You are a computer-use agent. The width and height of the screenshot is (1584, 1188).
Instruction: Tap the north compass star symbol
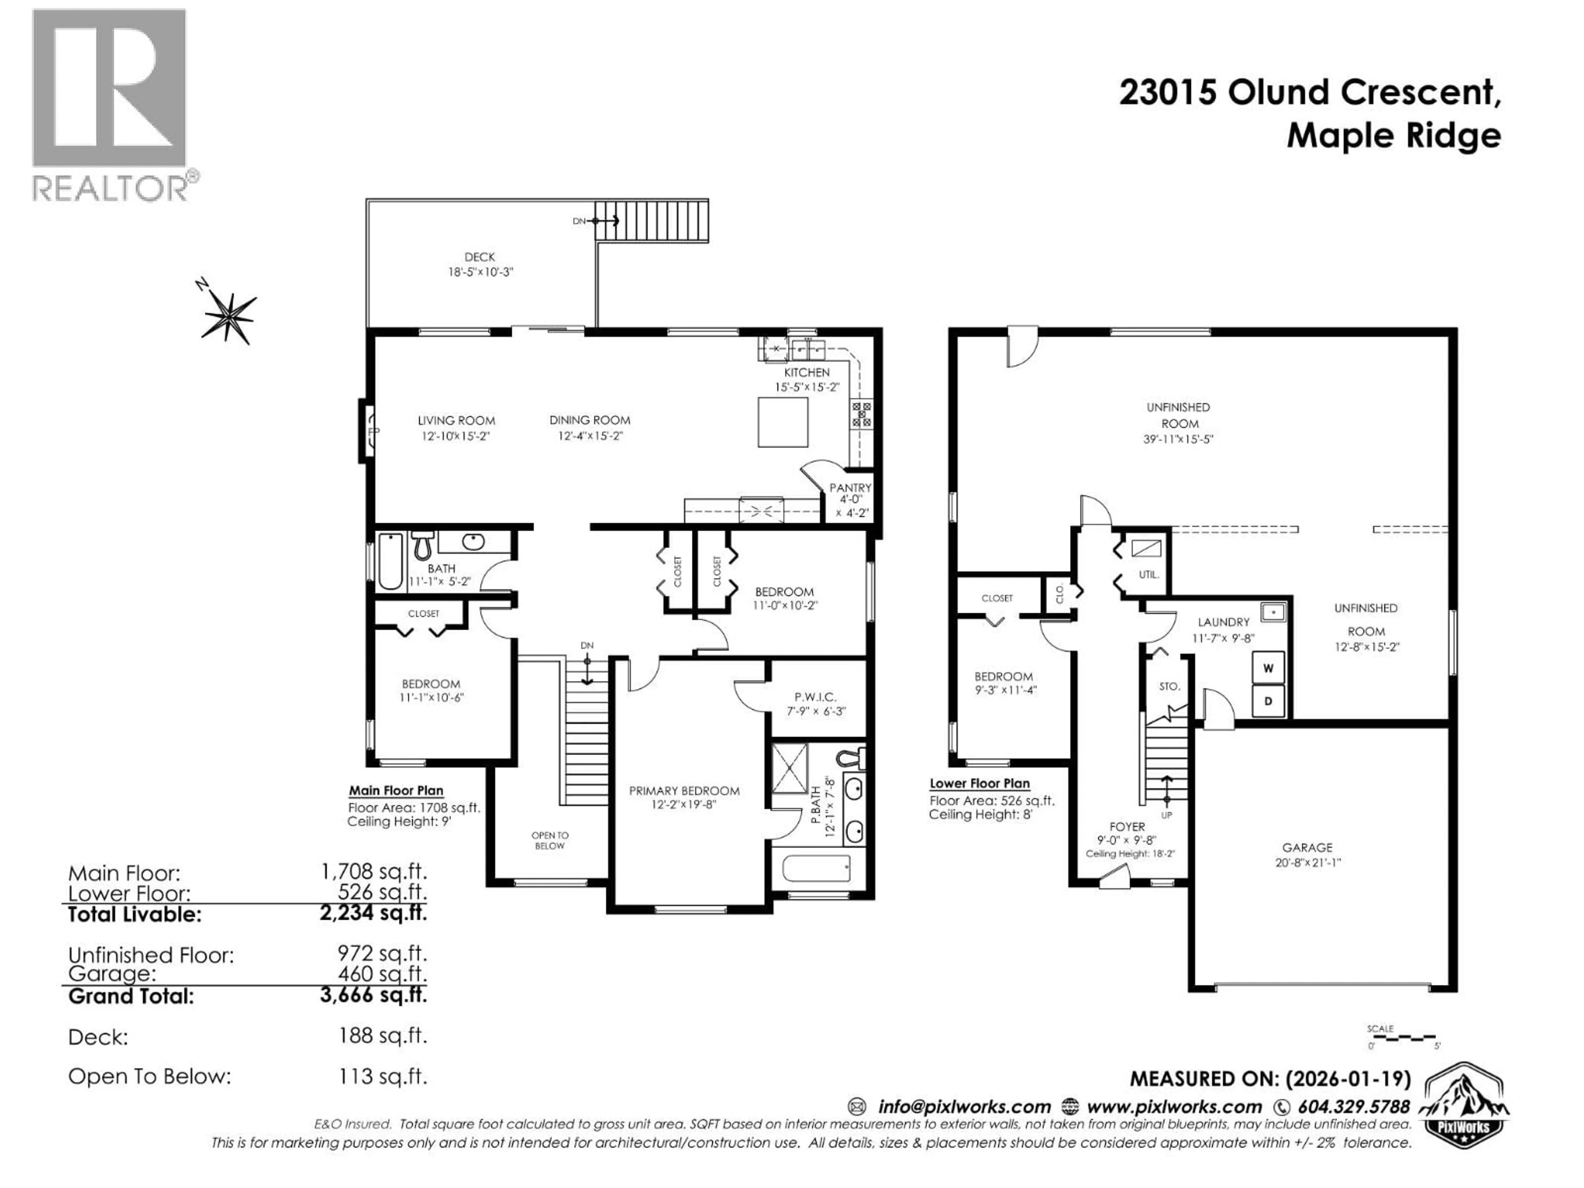pyautogui.click(x=229, y=316)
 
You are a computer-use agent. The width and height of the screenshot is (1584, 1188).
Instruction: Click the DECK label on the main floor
pyautogui.click(x=479, y=256)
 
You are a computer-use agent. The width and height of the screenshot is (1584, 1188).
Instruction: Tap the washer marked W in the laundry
pyautogui.click(x=1268, y=668)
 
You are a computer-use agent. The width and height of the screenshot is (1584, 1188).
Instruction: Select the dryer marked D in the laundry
pyautogui.click(x=1268, y=701)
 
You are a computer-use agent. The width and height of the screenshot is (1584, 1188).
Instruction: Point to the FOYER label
pyautogui.click(x=1127, y=826)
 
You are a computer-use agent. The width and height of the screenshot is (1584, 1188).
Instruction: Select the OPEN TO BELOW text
pyautogui.click(x=549, y=840)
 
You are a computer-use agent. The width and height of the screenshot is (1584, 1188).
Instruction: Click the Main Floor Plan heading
pyautogui.click(x=396, y=791)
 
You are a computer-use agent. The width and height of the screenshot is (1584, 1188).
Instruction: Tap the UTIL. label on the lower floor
pyautogui.click(x=1149, y=574)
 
